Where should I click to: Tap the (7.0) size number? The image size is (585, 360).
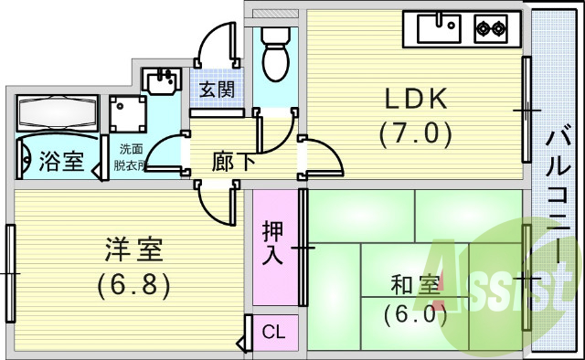point(416,134)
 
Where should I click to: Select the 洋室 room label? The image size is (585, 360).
point(133,249)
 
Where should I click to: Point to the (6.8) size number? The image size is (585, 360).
point(134,284)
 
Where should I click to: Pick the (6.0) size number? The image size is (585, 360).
point(416,315)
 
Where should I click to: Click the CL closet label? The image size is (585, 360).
point(273,331)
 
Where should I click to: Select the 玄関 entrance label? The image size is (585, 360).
point(218,90)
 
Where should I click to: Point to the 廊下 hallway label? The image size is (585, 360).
point(233,163)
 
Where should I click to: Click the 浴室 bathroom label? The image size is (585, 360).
point(61,162)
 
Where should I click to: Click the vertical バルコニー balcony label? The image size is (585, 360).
point(555,192)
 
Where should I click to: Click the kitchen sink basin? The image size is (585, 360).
point(438,29)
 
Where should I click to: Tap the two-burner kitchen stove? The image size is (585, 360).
point(490,29)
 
